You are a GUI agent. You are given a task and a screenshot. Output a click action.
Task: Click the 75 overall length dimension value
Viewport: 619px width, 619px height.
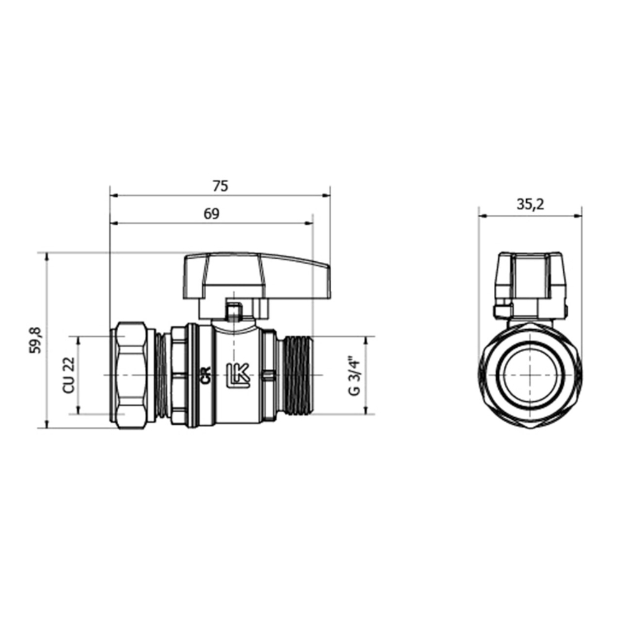[x=220, y=185]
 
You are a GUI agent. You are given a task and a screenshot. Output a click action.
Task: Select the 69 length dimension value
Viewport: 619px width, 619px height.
[x=212, y=214]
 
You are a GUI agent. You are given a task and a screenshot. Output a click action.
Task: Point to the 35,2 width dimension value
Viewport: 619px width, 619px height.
[x=530, y=205]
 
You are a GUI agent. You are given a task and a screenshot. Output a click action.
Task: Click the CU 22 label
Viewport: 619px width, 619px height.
[x=69, y=375]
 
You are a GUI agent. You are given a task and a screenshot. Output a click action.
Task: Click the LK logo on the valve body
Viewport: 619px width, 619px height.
[x=238, y=374]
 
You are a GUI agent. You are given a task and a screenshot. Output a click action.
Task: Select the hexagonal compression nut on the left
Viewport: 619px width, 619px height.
[x=132, y=374]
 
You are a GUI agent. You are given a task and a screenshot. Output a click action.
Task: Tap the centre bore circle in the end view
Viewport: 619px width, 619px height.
[x=530, y=376]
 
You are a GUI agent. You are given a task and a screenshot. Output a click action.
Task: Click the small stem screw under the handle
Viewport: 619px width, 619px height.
[x=233, y=311]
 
